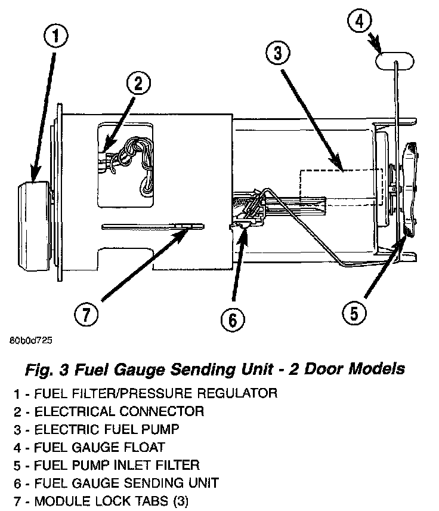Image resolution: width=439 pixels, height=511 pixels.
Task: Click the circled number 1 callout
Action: click(x=55, y=37)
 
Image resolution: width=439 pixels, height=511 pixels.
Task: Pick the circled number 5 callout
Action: click(x=354, y=312)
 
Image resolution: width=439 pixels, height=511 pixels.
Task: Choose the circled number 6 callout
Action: click(x=232, y=320)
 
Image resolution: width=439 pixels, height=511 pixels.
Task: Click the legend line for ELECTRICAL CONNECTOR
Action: click(x=111, y=411)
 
